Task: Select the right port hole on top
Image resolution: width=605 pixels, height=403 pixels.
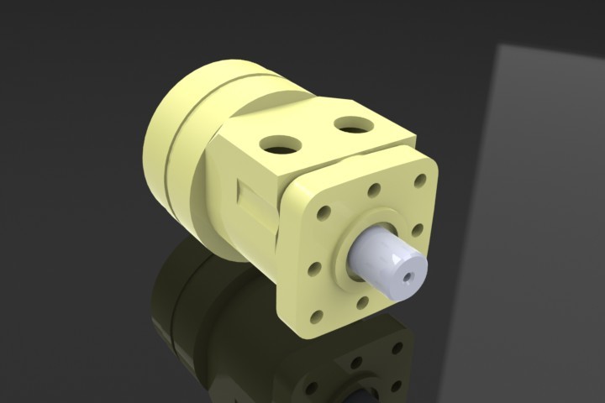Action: pyautogui.click(x=353, y=126)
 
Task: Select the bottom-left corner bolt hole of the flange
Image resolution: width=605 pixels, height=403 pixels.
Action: pyautogui.click(x=318, y=317)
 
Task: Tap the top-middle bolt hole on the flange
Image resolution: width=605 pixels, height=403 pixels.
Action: pyautogui.click(x=373, y=191)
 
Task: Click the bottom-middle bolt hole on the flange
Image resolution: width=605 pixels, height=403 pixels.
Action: pyautogui.click(x=363, y=302)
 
